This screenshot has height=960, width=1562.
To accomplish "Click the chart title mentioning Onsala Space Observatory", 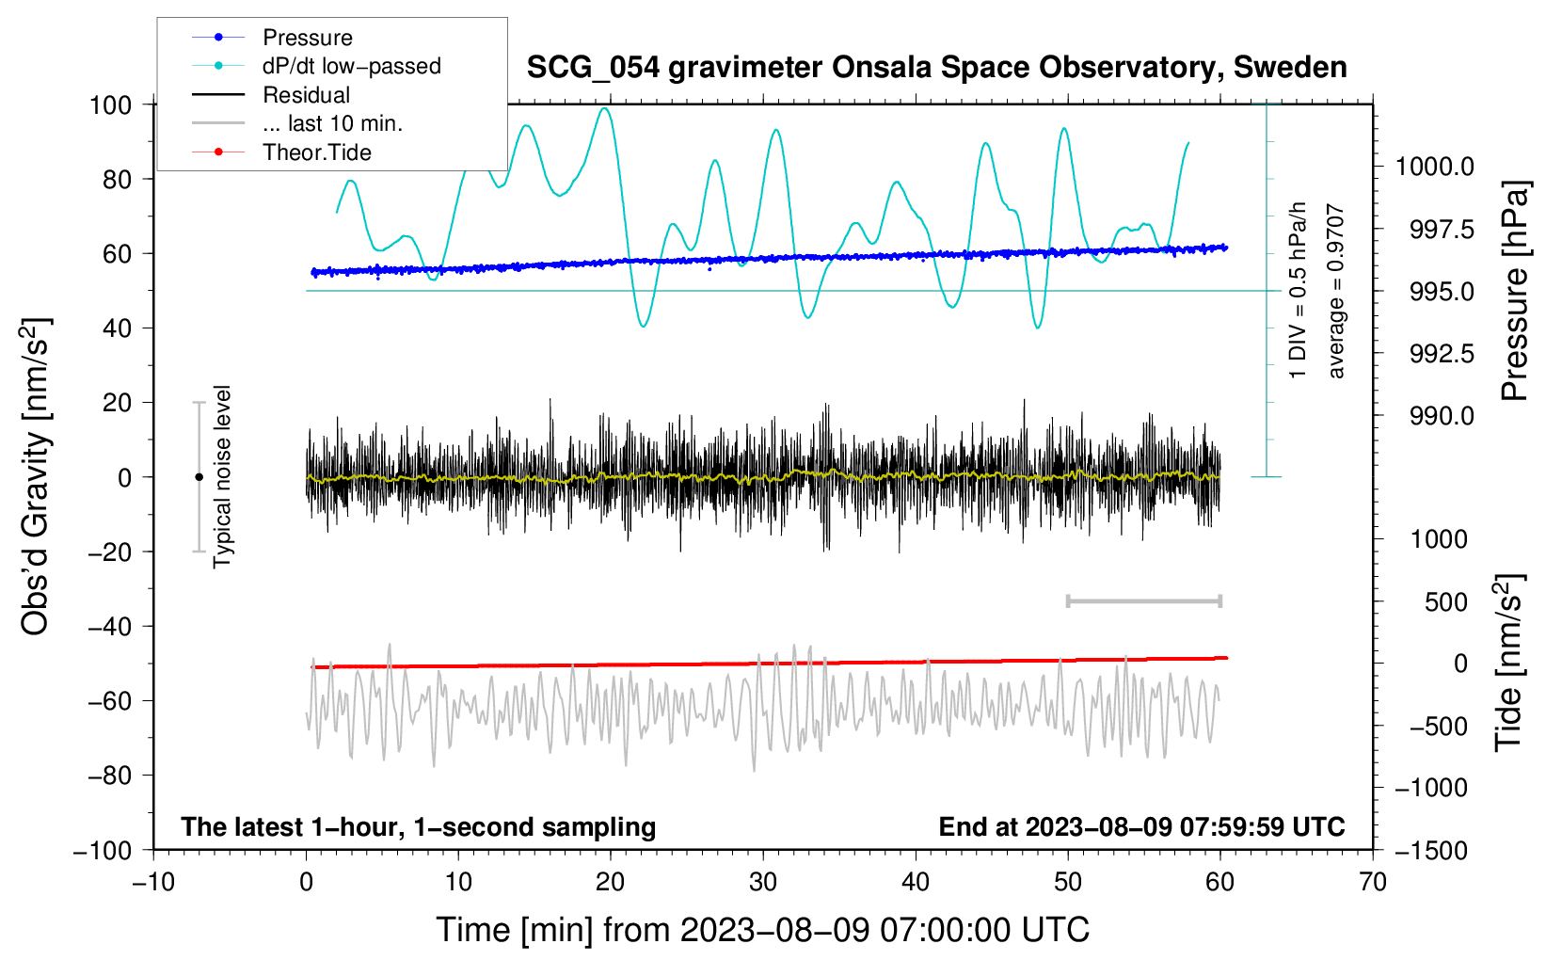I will point(936,68).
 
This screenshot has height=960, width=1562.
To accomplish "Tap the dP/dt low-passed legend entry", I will point(351,66).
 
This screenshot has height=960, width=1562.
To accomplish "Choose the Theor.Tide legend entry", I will point(316,152).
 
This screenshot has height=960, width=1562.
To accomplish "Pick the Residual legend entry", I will point(306,95).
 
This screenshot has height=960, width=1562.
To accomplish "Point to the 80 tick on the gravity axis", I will point(117,179).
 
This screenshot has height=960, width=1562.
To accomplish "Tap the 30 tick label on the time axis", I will point(763,882).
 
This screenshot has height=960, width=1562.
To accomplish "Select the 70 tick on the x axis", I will point(1373,882).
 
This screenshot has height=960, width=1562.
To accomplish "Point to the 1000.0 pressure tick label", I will point(1434,167).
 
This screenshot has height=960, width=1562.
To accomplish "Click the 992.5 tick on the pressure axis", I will point(1442,354).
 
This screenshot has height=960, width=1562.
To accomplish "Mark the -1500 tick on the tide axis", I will point(1430,850).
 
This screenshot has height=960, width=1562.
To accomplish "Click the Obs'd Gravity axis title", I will point(36,477).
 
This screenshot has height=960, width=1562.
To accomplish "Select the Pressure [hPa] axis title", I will point(1515,292).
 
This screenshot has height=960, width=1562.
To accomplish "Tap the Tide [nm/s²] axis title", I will point(1509,664).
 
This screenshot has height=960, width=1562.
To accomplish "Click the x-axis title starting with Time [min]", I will point(762,930).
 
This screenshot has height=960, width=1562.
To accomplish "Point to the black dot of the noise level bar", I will point(199,477).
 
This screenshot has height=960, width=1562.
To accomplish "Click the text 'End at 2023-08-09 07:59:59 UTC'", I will point(1141,827).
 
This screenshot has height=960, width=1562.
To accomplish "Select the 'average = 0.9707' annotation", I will point(1336,292).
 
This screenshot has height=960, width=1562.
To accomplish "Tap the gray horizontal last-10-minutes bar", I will point(1143,601).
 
